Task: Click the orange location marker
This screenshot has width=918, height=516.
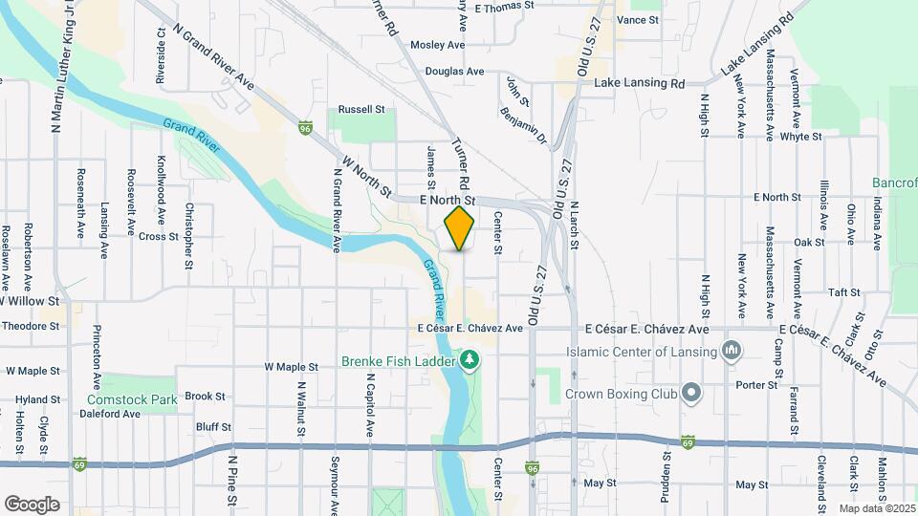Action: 459,229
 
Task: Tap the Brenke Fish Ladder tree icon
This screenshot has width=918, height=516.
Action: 470,360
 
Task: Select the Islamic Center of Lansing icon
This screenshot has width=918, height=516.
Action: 732,351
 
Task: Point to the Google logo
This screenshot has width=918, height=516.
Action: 32,505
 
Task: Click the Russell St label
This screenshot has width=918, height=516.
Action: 361,109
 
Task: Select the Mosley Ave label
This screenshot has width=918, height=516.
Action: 437,45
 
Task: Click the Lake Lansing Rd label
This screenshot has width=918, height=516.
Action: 641,83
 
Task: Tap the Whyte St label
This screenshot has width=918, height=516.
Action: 800,137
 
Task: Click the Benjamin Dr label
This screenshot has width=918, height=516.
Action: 522,125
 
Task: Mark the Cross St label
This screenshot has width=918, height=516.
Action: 159,236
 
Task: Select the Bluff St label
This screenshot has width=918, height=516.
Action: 213,426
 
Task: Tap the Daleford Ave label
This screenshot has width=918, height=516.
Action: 115,414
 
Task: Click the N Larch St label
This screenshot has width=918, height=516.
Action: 575,226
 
